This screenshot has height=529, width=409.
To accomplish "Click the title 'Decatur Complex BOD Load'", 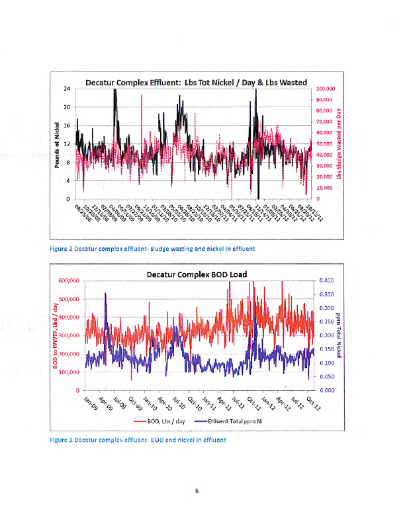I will point(197,274).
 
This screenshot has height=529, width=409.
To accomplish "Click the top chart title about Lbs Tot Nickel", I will point(196,83).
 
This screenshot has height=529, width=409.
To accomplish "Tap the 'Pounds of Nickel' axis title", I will point(58,144).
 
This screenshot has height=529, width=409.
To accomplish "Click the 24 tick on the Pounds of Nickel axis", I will point(67,89).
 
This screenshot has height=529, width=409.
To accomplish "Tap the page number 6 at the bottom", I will point(197,491).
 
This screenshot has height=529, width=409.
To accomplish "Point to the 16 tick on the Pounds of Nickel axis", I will point(67,126).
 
